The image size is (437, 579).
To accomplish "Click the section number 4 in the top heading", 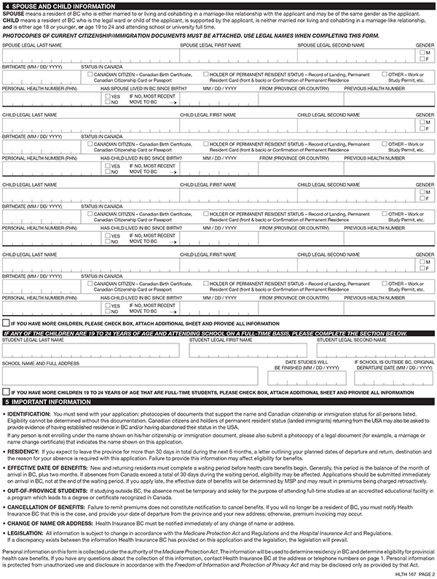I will pyautogui.click(x=7, y=6).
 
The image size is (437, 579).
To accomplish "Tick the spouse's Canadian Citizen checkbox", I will pyautogui.click(x=89, y=74).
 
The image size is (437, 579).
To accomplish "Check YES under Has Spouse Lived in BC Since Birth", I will pyautogui.click(x=106, y=96).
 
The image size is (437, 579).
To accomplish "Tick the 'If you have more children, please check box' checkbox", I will pyautogui.click(x=7, y=322).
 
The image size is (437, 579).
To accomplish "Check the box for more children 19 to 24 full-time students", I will pyautogui.click(x=7, y=391).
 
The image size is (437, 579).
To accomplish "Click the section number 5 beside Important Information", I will pyautogui.click(x=7, y=401).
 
